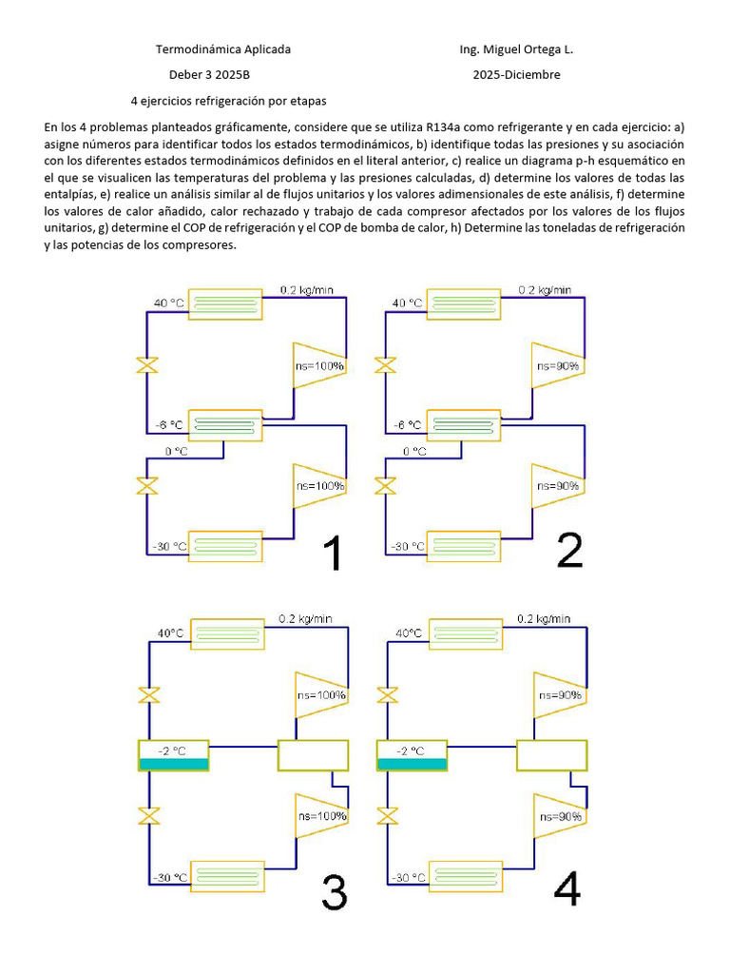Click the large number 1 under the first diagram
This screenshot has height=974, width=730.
point(331,554)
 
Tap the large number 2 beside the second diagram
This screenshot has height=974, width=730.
point(569,550)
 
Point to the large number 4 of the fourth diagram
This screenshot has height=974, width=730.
point(567,888)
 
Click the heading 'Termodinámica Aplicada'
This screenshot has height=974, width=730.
point(223,49)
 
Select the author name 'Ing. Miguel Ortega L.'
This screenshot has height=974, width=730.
point(516,49)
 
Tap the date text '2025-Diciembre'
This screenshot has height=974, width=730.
point(517,75)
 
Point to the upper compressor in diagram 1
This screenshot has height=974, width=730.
point(318,365)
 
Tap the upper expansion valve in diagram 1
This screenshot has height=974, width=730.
point(147,365)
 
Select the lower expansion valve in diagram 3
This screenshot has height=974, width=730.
point(147,816)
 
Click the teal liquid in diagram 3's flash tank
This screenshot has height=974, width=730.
point(174,764)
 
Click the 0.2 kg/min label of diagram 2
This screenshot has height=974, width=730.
point(545,290)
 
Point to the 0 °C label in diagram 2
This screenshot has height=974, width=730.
point(414,451)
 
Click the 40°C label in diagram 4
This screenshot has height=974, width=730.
point(410,633)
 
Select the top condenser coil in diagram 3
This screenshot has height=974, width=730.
point(229,633)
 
